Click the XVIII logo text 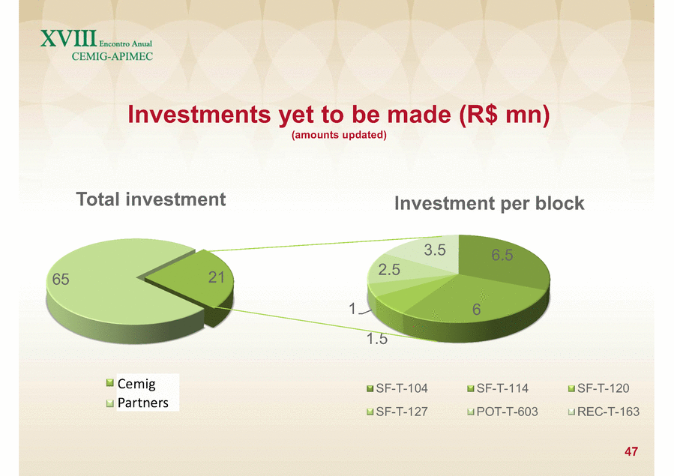pos(69,39)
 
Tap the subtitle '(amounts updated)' pos(339,135)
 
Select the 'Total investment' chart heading pos(151,199)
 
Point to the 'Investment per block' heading pos(489,204)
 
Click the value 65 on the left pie pos(61,280)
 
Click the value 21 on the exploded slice pos(217,277)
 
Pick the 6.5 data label pos(502,255)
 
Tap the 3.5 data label pos(435,250)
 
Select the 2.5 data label pos(389,270)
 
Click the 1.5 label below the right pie pos(377,339)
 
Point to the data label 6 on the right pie pos(476,310)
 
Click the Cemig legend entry pos(131,383)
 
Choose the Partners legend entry pos(137,403)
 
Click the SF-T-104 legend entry pos(397,388)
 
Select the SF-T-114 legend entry pos(498,388)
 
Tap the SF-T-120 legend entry pos(598,388)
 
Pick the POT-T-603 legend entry pos(502,412)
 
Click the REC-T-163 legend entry pos(604,412)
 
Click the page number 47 pos(631,451)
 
